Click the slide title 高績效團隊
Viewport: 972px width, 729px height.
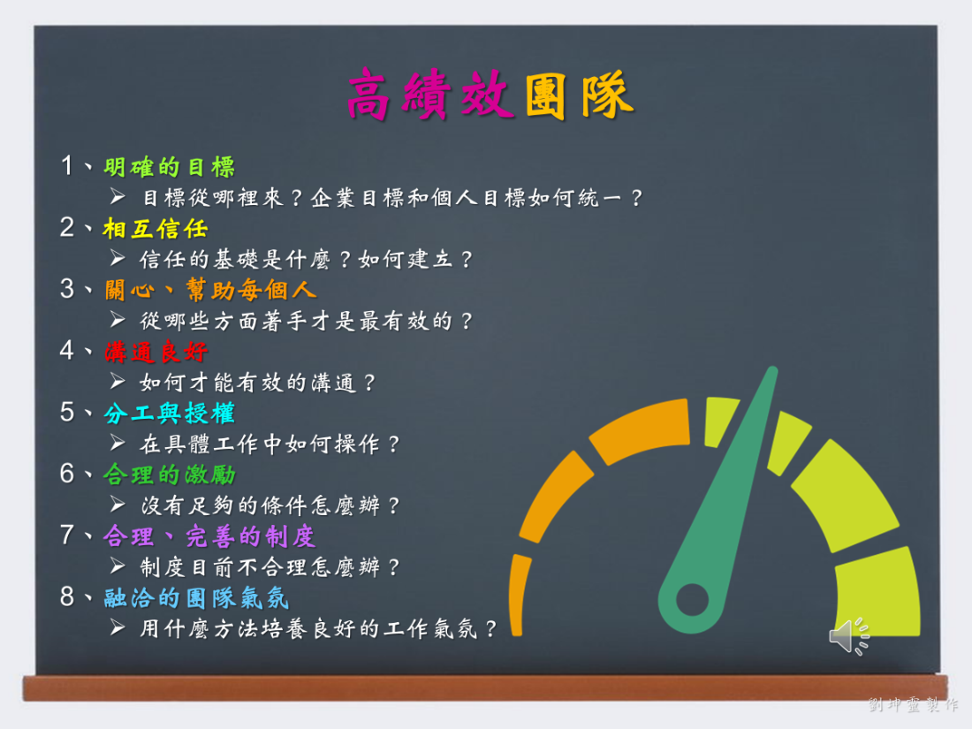[x=490, y=95]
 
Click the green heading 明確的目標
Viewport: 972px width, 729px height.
[x=170, y=167]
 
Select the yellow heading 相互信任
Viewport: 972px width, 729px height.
[x=156, y=229]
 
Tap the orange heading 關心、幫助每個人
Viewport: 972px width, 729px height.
[x=210, y=290]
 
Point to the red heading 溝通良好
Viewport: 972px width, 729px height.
[x=156, y=352]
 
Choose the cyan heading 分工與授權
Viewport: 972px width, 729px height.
[x=170, y=414]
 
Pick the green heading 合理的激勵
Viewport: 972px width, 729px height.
[x=170, y=475]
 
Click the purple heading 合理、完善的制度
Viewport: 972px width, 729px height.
[x=209, y=536]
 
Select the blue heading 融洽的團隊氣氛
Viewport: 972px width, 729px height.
[x=196, y=598]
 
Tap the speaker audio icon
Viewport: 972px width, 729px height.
[x=849, y=635]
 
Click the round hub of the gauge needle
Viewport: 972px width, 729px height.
[x=692, y=599]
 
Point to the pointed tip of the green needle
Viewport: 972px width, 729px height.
[x=773, y=368]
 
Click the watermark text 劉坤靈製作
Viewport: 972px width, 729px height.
[x=913, y=704]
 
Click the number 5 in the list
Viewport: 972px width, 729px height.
[x=67, y=413]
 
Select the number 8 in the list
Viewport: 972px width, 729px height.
[x=67, y=596]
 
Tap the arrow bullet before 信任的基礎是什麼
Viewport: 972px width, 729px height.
[x=118, y=257]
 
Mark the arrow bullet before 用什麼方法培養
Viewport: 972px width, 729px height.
[x=118, y=627]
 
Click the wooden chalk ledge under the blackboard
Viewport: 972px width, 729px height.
[x=485, y=688]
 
